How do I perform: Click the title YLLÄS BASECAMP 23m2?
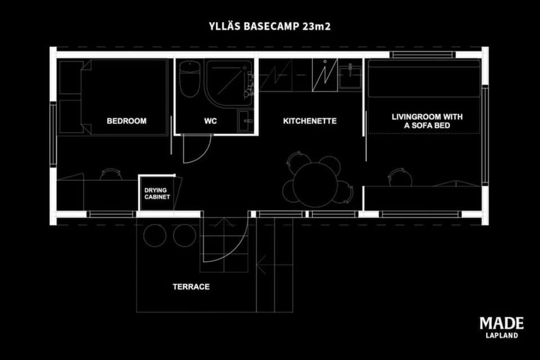(269, 26)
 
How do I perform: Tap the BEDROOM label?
(127, 121)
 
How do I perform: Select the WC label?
(210, 121)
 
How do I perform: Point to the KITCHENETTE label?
(309, 121)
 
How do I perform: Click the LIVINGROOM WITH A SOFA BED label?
(427, 121)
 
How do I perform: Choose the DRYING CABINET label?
(157, 193)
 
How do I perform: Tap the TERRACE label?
(191, 287)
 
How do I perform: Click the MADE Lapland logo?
(502, 327)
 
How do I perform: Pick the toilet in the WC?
(190, 79)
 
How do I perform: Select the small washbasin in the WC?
(245, 121)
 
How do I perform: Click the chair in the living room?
(400, 177)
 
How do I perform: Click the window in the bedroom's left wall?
(53, 134)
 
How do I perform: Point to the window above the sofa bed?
(422, 55)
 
